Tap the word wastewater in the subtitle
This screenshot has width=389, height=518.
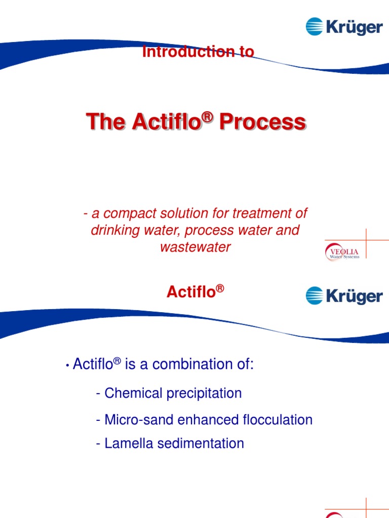click(x=196, y=247)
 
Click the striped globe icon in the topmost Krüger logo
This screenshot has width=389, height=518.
click(x=315, y=26)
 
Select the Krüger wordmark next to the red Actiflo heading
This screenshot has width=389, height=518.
click(x=354, y=296)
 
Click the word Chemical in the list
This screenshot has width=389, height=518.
click(x=132, y=393)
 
